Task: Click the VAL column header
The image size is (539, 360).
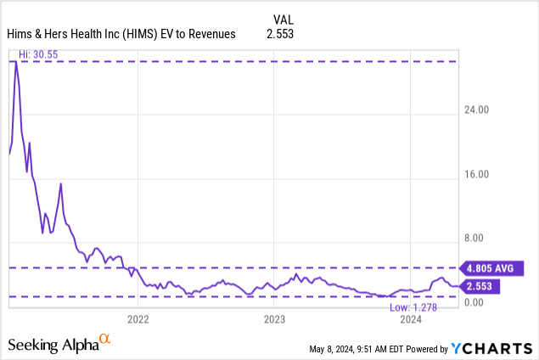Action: point(284,19)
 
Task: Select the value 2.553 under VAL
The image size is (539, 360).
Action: point(284,33)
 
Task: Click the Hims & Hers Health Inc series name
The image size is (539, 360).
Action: point(121,33)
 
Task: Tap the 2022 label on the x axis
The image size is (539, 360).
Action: point(138,319)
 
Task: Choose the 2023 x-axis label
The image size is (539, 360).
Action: point(274,319)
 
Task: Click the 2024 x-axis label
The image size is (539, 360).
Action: point(411,319)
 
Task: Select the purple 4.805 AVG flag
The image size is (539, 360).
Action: point(491,267)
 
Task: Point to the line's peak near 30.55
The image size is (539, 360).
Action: point(15,62)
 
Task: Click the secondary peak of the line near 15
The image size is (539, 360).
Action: point(60,183)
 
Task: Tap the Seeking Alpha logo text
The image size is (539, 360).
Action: point(52,345)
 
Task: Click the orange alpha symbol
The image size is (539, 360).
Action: point(104,340)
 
